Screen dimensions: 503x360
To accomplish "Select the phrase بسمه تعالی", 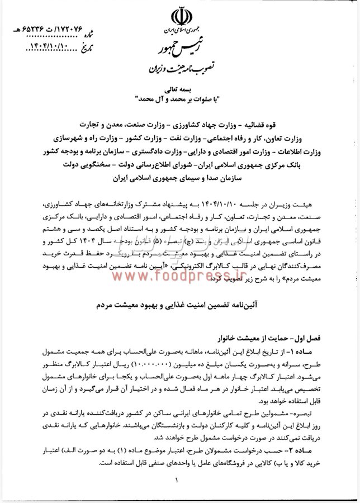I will click(180, 89).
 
